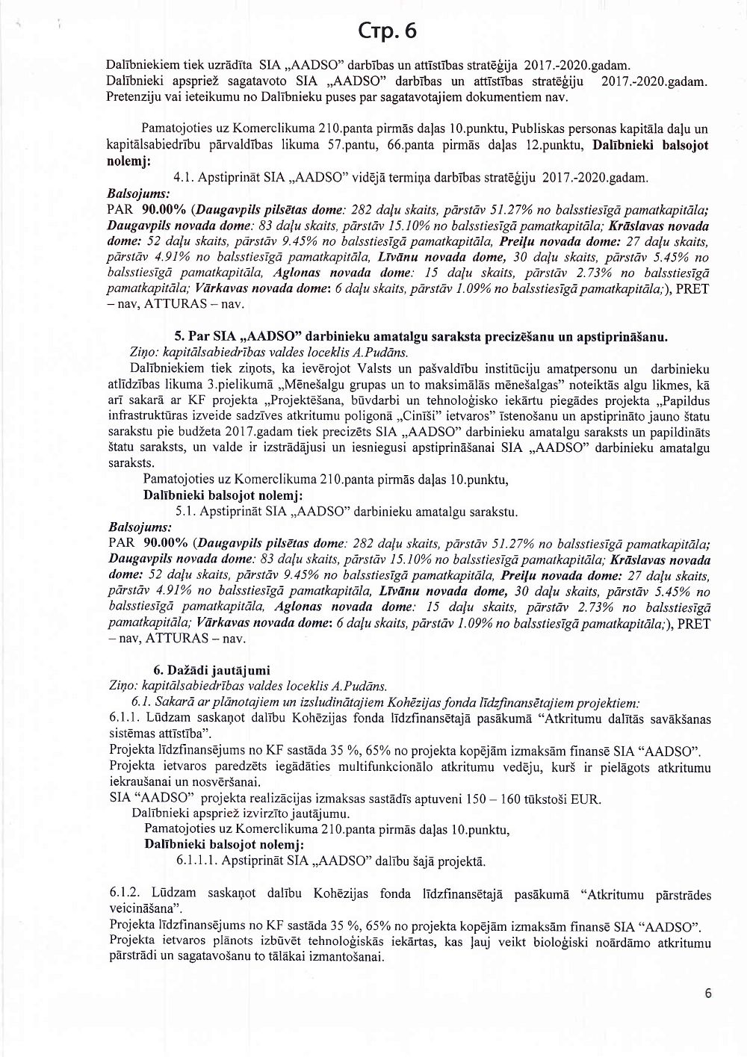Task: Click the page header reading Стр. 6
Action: coord(387,31)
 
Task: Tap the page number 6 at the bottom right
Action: coord(707,993)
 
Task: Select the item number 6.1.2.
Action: coord(125,893)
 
